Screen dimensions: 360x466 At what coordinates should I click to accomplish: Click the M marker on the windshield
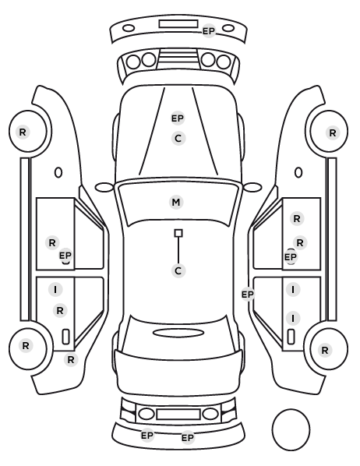[176, 203]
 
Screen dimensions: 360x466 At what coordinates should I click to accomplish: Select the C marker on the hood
[178, 139]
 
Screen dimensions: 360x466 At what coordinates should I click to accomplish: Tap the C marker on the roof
[178, 271]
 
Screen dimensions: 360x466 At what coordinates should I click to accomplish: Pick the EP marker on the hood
[178, 118]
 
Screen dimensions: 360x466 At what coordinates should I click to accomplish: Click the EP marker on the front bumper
[209, 31]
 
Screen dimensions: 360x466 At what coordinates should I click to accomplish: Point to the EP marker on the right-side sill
[248, 295]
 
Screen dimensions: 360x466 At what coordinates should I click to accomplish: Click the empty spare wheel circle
[291, 429]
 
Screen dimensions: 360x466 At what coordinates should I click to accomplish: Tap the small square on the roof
[178, 233]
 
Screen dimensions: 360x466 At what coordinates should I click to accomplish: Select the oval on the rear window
[178, 334]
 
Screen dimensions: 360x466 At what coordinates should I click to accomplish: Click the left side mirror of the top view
[104, 188]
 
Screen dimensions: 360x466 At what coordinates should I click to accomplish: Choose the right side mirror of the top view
[252, 188]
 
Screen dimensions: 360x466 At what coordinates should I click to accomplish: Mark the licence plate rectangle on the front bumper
[178, 24]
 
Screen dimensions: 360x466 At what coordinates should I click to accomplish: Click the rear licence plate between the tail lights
[178, 415]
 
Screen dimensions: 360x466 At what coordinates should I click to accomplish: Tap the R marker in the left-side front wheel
[23, 132]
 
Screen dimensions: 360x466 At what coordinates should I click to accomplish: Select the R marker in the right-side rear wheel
[325, 350]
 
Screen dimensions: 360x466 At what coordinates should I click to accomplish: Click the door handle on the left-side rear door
[65, 337]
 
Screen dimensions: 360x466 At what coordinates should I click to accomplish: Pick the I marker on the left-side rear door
[55, 289]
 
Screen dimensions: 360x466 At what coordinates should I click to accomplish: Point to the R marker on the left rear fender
[71, 360]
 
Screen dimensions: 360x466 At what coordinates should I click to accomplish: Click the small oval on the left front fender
[58, 173]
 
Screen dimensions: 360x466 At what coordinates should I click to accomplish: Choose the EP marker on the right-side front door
[291, 257]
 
